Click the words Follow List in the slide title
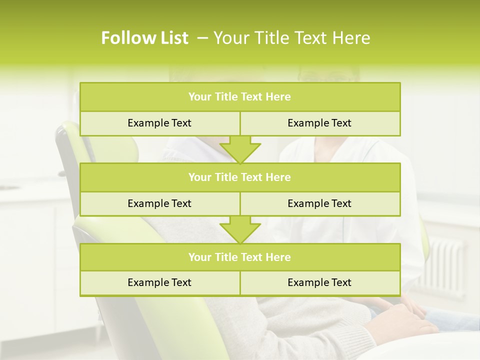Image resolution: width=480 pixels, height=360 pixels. (x=144, y=38)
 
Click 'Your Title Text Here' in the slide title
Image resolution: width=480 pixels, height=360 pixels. (x=291, y=38)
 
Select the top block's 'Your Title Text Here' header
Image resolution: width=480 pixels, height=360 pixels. (x=239, y=97)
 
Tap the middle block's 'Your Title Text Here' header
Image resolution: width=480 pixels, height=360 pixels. (x=239, y=177)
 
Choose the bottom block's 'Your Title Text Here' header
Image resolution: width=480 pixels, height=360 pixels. (x=239, y=257)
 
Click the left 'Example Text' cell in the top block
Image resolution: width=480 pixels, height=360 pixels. (x=159, y=123)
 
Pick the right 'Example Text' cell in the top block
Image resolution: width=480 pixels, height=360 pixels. (x=319, y=123)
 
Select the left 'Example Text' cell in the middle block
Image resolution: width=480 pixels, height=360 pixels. (x=159, y=203)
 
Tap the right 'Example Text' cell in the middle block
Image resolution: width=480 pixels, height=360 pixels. (x=319, y=203)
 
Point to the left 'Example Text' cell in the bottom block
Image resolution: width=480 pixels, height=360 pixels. (x=159, y=282)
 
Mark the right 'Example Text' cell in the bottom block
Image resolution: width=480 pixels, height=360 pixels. (x=319, y=282)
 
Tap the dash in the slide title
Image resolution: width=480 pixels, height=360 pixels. (x=203, y=38)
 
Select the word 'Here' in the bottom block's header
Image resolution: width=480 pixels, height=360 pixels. (x=278, y=257)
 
